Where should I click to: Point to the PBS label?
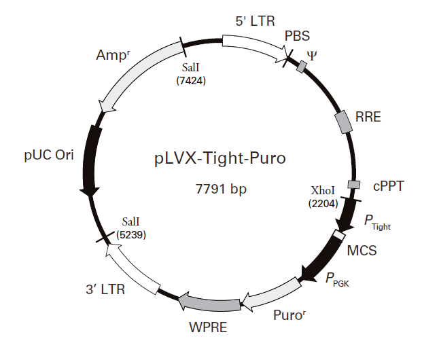coord(296,35)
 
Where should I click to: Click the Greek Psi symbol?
coord(312,54)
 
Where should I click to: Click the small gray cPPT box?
coord(353,184)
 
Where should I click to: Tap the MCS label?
coord(362,250)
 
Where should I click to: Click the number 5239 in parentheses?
coord(131,234)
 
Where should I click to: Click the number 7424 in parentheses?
coord(191,80)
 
